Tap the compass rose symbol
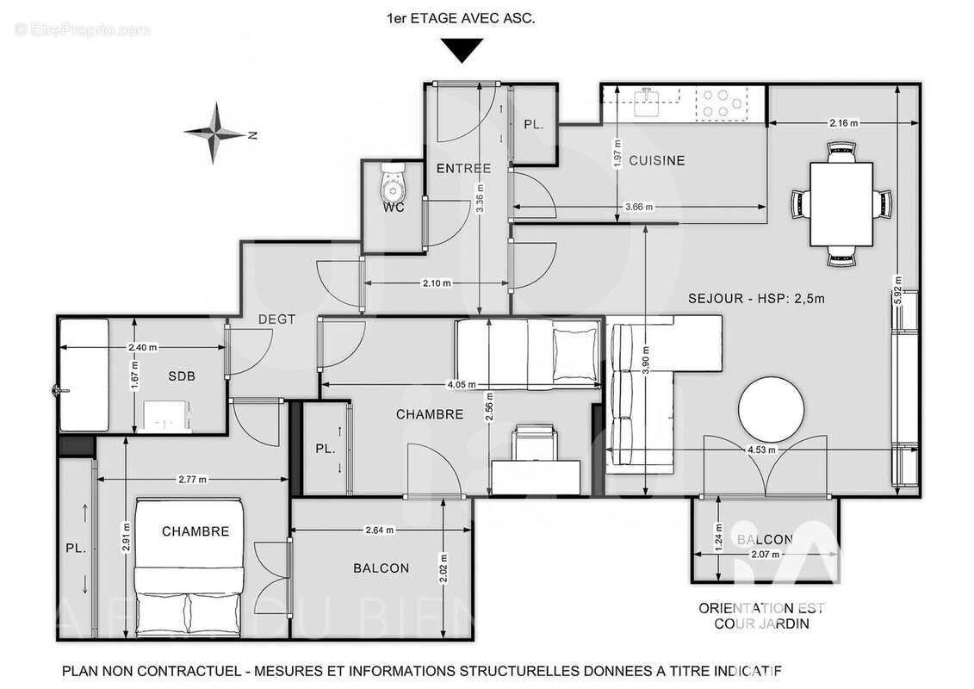pos(215,133)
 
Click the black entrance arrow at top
pos(463,53)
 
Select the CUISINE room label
pos(656,160)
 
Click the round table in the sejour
pos(773,410)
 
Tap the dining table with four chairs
pos(841,204)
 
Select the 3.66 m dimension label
pos(638,207)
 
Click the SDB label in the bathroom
pos(181,376)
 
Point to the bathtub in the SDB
pos(84,375)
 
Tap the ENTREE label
pos(463,168)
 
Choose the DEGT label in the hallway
pos(276,319)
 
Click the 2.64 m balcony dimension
pos(380,530)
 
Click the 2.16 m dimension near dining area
pos(843,123)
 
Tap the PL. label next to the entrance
pos(534,124)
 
